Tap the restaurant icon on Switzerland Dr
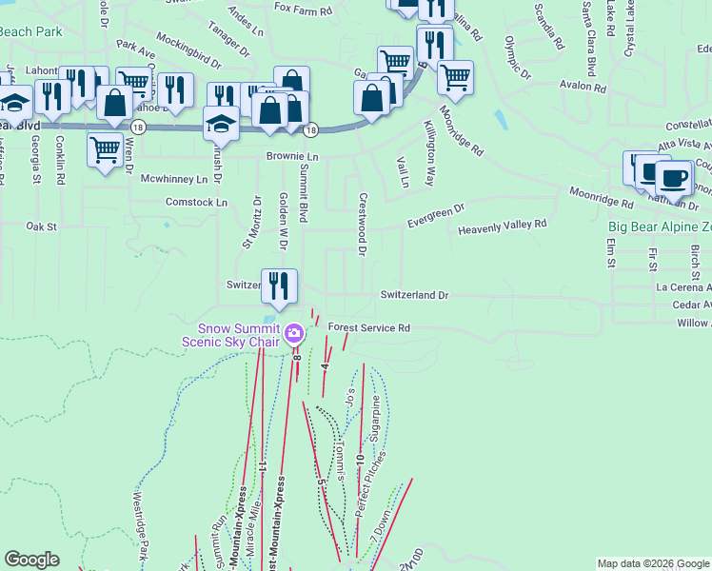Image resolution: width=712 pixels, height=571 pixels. (x=279, y=285)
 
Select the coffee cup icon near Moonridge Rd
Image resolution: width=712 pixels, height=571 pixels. (x=675, y=178)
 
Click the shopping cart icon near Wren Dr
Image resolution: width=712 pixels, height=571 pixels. (x=104, y=148)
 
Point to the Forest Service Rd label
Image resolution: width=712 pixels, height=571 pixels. (x=368, y=327)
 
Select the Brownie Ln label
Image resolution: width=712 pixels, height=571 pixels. (x=291, y=156)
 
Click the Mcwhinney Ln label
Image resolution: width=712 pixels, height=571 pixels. (x=173, y=179)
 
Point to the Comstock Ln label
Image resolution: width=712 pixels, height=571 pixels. (x=196, y=203)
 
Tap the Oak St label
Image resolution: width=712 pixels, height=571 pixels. (x=42, y=226)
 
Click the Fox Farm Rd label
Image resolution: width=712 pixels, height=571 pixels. (x=303, y=10)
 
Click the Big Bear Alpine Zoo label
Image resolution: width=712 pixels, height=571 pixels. (x=660, y=227)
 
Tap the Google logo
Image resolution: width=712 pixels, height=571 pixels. (x=31, y=560)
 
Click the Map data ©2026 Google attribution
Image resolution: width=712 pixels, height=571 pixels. (x=653, y=563)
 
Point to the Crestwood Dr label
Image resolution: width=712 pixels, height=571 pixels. (x=362, y=225)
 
